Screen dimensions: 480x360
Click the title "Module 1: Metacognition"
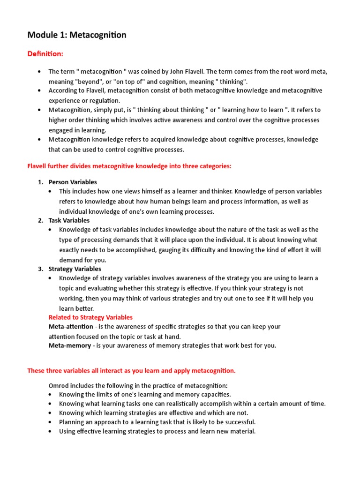[77, 35]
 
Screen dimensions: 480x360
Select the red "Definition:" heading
[45, 54]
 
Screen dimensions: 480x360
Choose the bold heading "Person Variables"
[73, 182]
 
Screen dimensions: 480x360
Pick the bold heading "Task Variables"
[69, 220]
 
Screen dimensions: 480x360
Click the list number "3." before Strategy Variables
[41, 269]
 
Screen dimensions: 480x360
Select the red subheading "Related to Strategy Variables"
[90, 317]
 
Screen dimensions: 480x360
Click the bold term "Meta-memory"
[69, 346]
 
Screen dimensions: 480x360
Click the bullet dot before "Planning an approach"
[51, 422]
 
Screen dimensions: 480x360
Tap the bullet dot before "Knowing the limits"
[51, 395]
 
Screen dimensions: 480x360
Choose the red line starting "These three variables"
[131, 371]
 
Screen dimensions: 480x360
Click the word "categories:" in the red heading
[215, 166]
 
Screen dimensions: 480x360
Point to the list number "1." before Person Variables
[41, 182]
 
